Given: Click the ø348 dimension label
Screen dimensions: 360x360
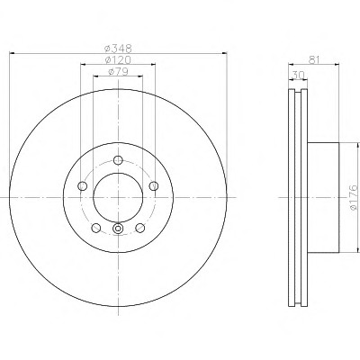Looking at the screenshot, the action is click(x=118, y=48).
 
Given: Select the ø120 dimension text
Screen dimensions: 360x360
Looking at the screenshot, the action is click(x=118, y=60).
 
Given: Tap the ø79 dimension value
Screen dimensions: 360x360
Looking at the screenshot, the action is click(x=118, y=72).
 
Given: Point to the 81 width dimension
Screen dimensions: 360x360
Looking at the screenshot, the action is click(x=313, y=59).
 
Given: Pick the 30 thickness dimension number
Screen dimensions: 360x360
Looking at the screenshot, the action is click(x=297, y=76).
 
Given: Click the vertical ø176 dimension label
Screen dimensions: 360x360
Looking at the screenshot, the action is click(x=354, y=197).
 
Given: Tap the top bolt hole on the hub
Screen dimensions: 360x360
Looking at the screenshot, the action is click(x=119, y=160).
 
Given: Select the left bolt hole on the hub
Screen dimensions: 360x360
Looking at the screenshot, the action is click(x=82, y=186).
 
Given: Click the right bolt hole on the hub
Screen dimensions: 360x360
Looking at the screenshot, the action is click(x=154, y=186).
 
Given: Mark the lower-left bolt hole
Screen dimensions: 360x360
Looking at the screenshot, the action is click(x=96, y=228).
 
